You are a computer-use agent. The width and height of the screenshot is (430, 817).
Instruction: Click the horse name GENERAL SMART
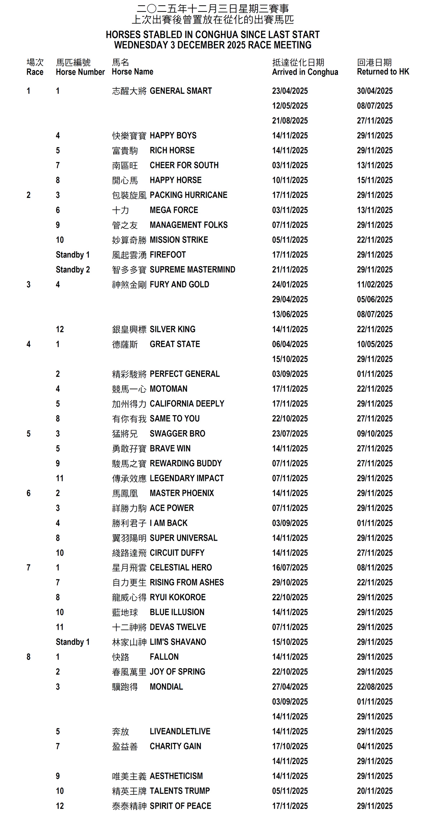181,91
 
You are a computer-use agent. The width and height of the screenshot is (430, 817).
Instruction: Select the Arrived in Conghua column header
305,72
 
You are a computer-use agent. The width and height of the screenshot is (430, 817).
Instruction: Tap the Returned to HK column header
383,72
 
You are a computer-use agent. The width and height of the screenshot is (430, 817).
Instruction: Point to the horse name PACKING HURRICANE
188,195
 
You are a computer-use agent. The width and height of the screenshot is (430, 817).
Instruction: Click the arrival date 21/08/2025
290,121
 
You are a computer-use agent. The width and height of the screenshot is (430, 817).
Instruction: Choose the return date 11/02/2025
374,285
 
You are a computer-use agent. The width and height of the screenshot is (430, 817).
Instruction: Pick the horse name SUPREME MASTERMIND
192,269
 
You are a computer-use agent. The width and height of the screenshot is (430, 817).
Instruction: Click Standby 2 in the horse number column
73,269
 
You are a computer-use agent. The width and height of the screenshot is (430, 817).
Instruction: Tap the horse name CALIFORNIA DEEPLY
187,404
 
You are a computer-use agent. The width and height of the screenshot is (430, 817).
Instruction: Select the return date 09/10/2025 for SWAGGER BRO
374,434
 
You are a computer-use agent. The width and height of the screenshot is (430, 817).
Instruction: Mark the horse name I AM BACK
168,523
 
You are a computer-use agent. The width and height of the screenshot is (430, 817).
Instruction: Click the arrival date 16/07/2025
290,568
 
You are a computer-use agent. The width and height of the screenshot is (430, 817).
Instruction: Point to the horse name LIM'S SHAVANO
178,642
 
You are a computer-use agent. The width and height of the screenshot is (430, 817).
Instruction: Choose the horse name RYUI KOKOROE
178,597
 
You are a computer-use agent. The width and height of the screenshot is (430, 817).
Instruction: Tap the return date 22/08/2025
374,687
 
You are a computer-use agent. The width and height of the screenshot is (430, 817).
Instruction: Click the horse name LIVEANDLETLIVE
180,731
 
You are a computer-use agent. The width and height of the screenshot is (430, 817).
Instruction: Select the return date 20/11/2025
374,791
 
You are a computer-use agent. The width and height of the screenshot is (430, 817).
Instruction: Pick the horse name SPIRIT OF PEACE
180,806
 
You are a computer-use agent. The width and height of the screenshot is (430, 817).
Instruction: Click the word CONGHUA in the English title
217,35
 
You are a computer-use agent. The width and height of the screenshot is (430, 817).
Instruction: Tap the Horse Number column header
80,72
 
